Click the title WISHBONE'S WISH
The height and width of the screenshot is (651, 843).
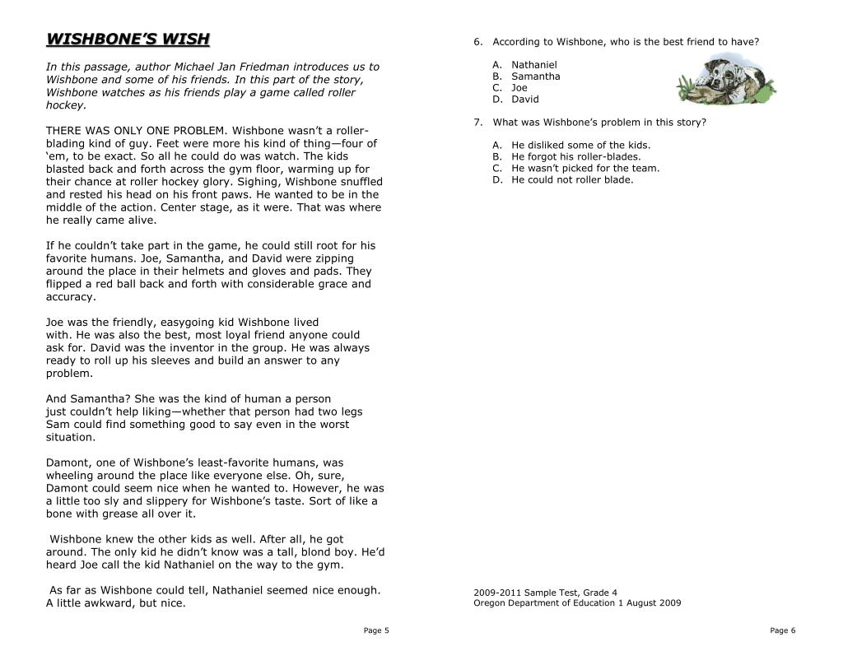(128, 40)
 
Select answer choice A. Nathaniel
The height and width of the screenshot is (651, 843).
(533, 64)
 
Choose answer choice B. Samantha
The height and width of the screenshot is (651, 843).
(535, 76)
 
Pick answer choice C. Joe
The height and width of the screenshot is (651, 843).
(519, 87)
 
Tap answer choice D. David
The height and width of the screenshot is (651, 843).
(524, 99)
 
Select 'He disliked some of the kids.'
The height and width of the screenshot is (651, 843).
(569, 145)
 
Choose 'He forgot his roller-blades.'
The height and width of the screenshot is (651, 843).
(575, 156)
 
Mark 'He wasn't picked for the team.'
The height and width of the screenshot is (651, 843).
(585, 168)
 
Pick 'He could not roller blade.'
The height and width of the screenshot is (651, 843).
(572, 179)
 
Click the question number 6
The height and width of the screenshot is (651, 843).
(477, 41)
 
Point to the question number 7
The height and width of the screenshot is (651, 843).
(477, 123)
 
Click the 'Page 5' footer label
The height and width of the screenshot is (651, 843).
(375, 630)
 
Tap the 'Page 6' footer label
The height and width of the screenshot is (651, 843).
(783, 630)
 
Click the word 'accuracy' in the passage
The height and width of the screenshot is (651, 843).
(70, 297)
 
